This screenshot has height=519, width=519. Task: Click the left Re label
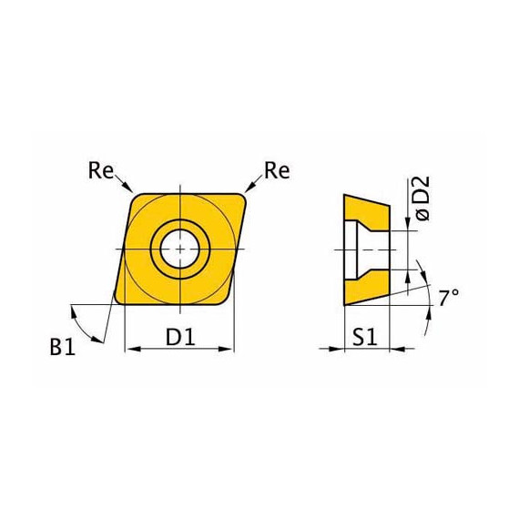[101, 171]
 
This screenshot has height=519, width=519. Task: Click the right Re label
[277, 171]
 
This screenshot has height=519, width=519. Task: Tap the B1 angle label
[63, 347]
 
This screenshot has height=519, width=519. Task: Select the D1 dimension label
[180, 337]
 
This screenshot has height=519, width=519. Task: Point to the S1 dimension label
[365, 337]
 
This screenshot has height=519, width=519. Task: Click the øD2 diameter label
[422, 198]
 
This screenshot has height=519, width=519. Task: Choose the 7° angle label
[449, 297]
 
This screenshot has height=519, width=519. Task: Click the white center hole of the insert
[179, 249]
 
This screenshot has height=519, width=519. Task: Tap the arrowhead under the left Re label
[128, 187]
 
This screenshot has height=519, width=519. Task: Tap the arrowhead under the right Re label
[249, 187]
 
